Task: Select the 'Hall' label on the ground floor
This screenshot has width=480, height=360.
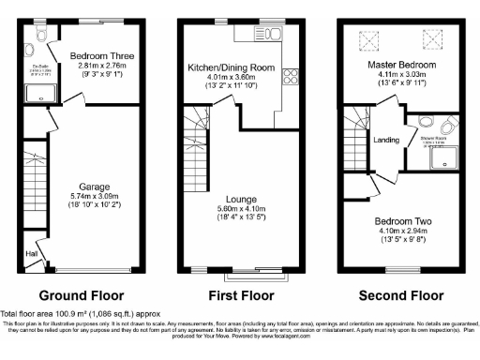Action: pyautogui.click(x=32, y=253)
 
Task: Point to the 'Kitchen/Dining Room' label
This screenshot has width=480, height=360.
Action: pyautogui.click(x=231, y=67)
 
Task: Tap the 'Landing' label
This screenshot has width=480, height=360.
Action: pyautogui.click(x=386, y=141)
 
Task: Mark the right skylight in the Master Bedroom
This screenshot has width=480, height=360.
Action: pyautogui.click(x=432, y=38)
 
